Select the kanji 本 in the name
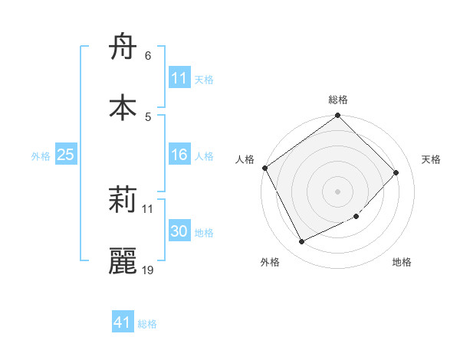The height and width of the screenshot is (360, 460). pyautogui.click(x=123, y=108)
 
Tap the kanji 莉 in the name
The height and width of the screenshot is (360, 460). pyautogui.click(x=123, y=201)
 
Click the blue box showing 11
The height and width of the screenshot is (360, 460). pyautogui.click(x=179, y=78)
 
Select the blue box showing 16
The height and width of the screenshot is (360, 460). pyautogui.click(x=179, y=155)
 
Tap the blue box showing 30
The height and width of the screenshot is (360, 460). pyautogui.click(x=179, y=231)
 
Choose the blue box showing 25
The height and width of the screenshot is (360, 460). pyautogui.click(x=65, y=155)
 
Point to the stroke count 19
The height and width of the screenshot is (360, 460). pyautogui.click(x=148, y=270)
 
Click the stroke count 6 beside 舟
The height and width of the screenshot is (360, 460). pyautogui.click(x=147, y=56)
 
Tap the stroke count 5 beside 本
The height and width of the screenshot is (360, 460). pyautogui.click(x=147, y=116)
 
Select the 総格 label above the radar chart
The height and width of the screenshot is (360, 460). pyautogui.click(x=338, y=100)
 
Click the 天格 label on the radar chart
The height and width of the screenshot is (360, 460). pyautogui.click(x=431, y=159)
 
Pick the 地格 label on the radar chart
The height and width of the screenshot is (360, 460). pyautogui.click(x=402, y=263)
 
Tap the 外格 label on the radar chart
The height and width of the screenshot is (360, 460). pyautogui.click(x=270, y=263)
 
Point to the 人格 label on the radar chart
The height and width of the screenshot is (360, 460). pyautogui.click(x=245, y=159)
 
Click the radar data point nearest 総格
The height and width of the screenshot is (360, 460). pyautogui.click(x=338, y=116)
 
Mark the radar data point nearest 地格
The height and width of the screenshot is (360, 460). pyautogui.click(x=356, y=217)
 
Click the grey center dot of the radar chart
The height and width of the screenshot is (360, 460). pyautogui.click(x=338, y=191)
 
